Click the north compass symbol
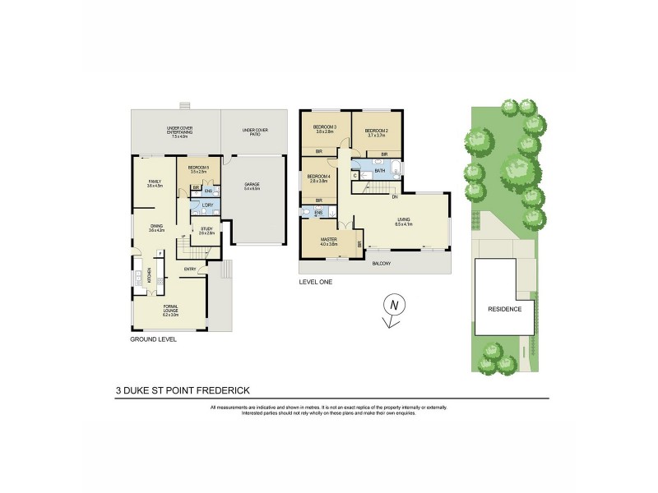[394, 306]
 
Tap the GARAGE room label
[252, 186]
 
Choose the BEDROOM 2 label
[376, 131]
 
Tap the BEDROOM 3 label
[325, 127]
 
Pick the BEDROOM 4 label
[317, 178]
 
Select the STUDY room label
[206, 231]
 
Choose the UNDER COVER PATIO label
[251, 132]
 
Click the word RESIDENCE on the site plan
[505, 309]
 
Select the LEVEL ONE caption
[316, 282]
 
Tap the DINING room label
[156, 228]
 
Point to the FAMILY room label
[155, 183]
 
